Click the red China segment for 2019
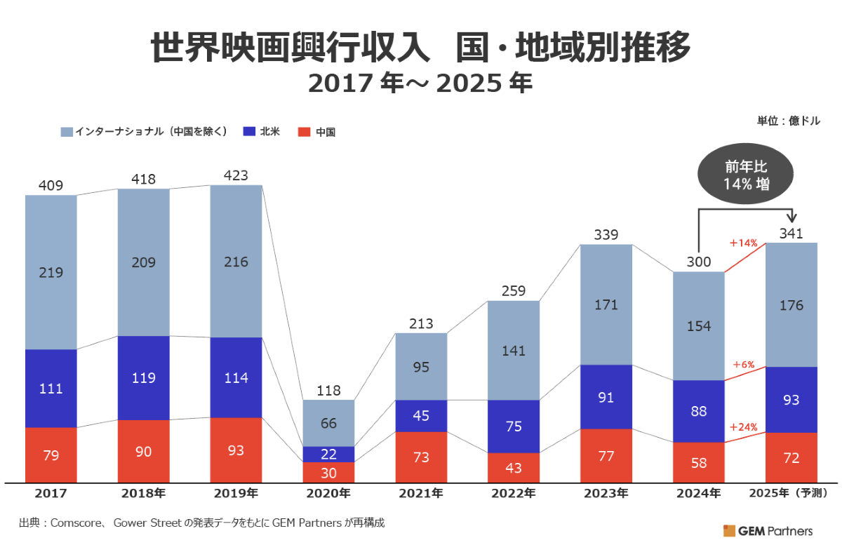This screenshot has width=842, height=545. coord(236,450)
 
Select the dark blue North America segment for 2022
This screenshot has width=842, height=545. coord(514,426)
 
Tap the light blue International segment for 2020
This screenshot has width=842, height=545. coord(328,423)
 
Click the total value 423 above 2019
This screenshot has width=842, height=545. coord(236,175)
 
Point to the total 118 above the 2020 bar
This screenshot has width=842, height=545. coord(328,390)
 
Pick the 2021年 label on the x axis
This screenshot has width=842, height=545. coord(421,493)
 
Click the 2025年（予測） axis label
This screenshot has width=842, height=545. coord(791,493)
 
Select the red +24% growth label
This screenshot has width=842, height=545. coord(743,427)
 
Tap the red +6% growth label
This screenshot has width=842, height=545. coord(743,365)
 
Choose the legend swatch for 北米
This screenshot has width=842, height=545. coord(248,131)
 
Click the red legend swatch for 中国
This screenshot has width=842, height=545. coord(304,131)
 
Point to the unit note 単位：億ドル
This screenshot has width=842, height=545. coord(788,121)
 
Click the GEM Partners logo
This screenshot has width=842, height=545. coord(768,530)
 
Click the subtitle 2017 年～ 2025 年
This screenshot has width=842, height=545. coord(421,84)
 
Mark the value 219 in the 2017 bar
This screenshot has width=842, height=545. coord(51,272)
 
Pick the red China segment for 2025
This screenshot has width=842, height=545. coord(791,457)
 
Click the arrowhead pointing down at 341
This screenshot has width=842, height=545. coord(794,219)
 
